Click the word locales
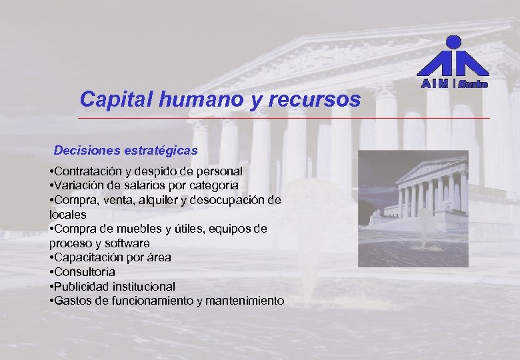tap(68, 215)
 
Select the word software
tap(126, 243)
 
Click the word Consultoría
tap(85, 272)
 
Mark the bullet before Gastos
tap(51, 301)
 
